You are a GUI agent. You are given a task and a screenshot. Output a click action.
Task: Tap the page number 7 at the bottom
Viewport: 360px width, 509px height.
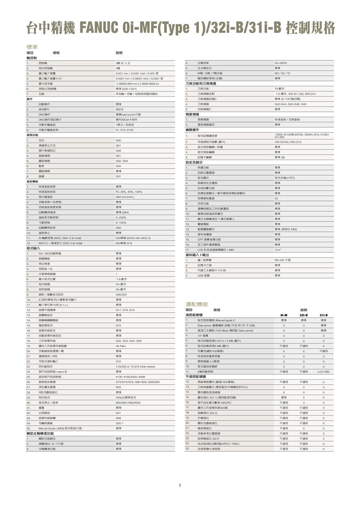tap(180, 486)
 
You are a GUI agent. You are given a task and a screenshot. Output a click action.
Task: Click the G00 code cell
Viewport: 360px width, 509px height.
tap(118, 140)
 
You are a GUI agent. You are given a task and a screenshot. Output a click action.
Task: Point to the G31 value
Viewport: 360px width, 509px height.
tap(118, 176)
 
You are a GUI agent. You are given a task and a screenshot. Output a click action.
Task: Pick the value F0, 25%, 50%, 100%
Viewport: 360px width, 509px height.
tap(129, 192)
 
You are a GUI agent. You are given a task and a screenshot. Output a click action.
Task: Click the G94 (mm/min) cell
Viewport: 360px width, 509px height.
tap(124, 197)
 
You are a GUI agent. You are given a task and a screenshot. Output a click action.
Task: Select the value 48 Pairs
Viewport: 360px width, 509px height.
tap(121, 346)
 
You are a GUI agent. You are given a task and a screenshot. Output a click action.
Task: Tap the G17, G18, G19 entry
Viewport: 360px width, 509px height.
tap(125, 310)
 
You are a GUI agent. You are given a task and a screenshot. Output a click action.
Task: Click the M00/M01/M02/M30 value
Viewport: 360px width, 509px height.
tap(128, 402)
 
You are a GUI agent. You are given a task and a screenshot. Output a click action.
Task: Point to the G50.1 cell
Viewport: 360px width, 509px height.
tap(120, 423)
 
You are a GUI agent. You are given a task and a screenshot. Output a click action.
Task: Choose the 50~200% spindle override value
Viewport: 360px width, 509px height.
tap(280, 63)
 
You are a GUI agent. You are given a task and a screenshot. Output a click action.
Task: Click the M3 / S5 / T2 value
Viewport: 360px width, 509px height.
tap(282, 73)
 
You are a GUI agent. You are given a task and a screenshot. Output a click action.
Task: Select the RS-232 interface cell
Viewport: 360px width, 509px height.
tap(283, 260)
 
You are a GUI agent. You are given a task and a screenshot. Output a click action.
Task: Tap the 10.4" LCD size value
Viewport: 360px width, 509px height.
tap(278, 249)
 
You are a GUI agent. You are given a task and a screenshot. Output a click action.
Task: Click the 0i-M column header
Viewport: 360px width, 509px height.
tap(284, 315)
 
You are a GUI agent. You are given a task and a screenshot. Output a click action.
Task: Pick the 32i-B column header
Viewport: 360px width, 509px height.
tap(303, 315)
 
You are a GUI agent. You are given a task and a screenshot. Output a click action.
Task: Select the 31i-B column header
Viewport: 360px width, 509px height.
tap(324, 315)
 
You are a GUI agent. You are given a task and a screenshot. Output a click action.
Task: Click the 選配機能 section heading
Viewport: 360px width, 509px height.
tap(197, 304)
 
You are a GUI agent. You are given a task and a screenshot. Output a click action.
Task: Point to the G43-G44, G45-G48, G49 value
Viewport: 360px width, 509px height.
tap(291, 104)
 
